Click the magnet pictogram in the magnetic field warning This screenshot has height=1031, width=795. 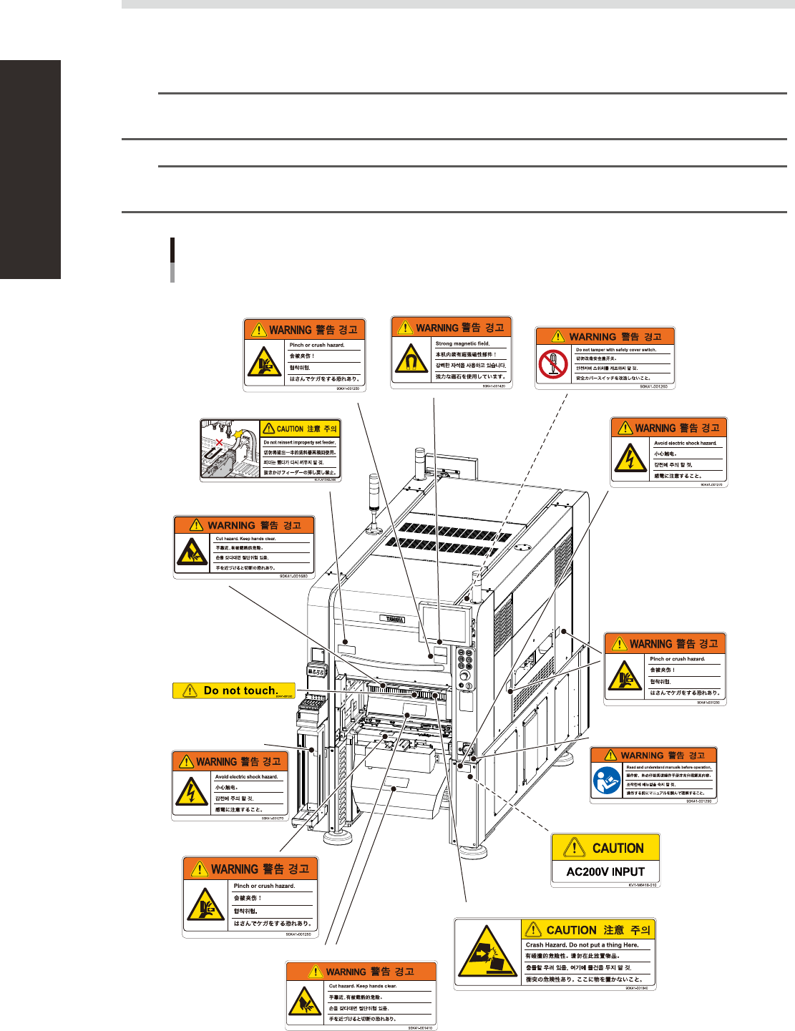(411, 360)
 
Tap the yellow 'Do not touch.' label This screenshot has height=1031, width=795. (234, 690)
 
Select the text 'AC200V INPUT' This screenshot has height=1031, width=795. (605, 871)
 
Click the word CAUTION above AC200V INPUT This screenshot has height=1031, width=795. (618, 849)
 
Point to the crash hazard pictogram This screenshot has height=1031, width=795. (487, 954)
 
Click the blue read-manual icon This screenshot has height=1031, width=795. (606, 781)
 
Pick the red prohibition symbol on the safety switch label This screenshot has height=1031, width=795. (553, 366)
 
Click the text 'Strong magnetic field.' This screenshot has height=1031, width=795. (462, 343)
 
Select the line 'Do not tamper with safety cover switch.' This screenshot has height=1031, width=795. (615, 350)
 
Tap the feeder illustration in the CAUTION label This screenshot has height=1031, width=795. (229, 449)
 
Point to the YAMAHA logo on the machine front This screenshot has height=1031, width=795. (392, 619)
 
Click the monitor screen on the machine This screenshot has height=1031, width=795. (443, 622)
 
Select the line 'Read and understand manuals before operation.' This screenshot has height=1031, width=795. (668, 767)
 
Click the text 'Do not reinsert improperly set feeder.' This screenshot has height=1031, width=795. (299, 442)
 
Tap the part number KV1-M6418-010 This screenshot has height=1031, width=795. (643, 885)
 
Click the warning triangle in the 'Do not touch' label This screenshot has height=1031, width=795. (190, 690)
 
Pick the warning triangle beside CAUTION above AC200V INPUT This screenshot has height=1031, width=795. (574, 848)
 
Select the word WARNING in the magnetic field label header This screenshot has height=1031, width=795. (436, 328)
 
